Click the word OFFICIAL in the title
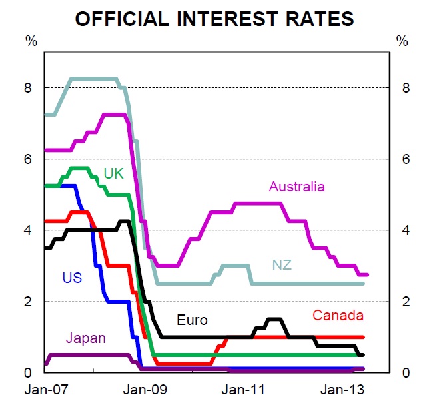click(121, 19)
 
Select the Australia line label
click(296, 187)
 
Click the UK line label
click(113, 173)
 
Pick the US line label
click(72, 277)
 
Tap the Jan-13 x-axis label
click(344, 388)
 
